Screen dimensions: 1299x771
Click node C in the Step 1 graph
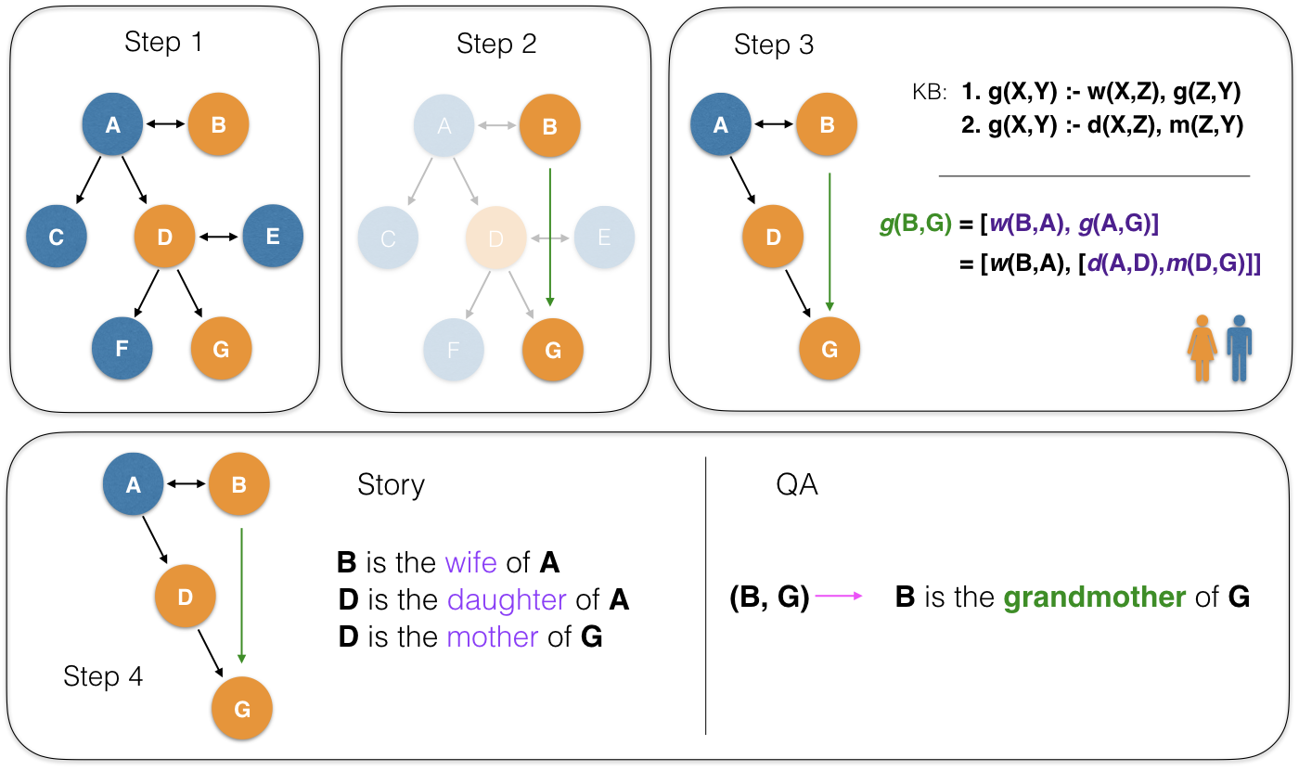[57, 236]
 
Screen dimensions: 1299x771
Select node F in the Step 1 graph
[122, 348]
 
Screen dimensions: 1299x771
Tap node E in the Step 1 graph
[273, 236]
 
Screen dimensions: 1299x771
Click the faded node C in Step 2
[388, 238]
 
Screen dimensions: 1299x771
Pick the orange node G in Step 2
[553, 350]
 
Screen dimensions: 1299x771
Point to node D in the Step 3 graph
[773, 237]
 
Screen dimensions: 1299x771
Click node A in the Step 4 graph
[134, 484]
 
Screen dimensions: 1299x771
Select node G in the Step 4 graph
[242, 708]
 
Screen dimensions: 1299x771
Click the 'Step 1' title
[163, 42]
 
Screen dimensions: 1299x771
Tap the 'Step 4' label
[103, 676]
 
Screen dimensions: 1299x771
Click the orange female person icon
[1203, 349]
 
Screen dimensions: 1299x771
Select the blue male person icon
[1240, 349]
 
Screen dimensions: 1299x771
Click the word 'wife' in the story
[471, 562]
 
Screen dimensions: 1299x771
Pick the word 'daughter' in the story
[507, 600]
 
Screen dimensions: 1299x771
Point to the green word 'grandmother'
[1095, 598]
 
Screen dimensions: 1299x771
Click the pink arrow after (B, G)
[839, 596]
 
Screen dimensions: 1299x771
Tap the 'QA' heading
[797, 484]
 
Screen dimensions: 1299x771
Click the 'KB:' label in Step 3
[929, 92]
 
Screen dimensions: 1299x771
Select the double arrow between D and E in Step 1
[219, 237]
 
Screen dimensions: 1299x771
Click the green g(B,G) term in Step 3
[916, 224]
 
